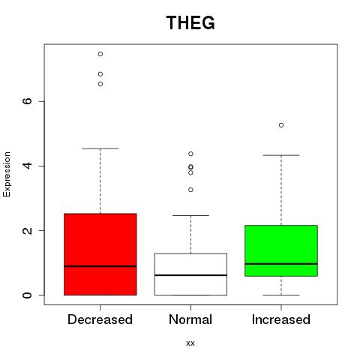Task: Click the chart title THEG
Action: coord(190,22)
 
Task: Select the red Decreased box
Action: coord(100,254)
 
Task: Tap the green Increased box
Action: coord(281,250)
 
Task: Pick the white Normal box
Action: coord(190,274)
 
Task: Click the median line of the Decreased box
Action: coord(100,266)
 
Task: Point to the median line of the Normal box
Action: coord(190,275)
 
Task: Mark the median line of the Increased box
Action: coord(281,264)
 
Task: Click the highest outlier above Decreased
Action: coord(100,54)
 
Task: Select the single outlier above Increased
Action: coord(281,125)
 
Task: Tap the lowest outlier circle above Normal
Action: coord(190,190)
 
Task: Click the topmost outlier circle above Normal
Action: coord(190,154)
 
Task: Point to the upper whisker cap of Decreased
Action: coord(100,148)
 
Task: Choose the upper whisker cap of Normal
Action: coord(190,215)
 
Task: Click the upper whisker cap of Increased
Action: coord(281,155)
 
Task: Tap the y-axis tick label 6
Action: coord(27,101)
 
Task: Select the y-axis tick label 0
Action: coord(27,295)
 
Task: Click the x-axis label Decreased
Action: coord(100,319)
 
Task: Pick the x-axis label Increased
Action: coord(281,319)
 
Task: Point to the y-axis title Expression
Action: coord(7,174)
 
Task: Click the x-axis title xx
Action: coord(190,343)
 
